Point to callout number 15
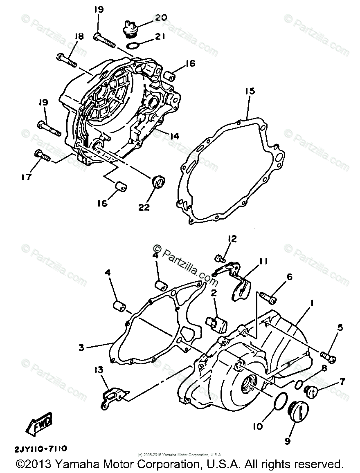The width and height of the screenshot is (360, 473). (250, 91)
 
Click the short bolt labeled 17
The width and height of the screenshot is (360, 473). (43, 155)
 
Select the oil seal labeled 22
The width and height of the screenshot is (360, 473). (158, 181)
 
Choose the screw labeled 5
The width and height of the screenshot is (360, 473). (328, 356)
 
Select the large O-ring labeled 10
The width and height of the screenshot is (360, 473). (280, 401)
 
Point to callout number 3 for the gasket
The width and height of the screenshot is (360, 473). (81, 348)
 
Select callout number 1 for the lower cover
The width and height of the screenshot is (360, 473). (312, 304)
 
